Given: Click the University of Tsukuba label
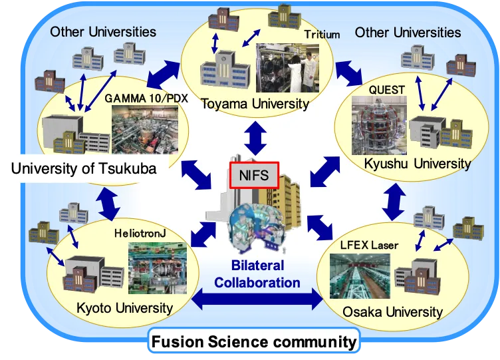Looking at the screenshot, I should click(x=84, y=168).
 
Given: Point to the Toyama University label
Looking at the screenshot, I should click(x=255, y=103).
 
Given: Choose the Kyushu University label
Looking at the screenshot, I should click(x=417, y=163).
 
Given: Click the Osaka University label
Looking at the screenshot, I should click(x=392, y=311).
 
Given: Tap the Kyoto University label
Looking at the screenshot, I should click(x=124, y=307).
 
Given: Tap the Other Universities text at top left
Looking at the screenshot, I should click(x=103, y=31).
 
